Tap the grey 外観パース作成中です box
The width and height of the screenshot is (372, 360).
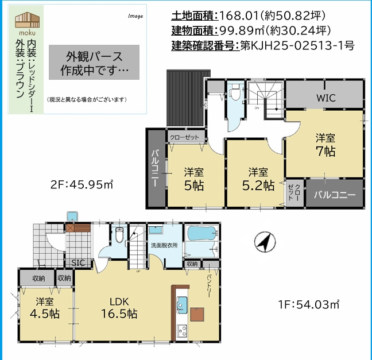(94, 63)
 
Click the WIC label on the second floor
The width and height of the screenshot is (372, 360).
(325, 97)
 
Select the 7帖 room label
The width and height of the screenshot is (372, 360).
(325, 145)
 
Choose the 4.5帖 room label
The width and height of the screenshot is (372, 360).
(46, 308)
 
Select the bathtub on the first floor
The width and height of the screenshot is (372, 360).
(201, 235)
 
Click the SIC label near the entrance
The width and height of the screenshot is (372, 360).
(78, 262)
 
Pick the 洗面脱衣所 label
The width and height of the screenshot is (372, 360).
(164, 245)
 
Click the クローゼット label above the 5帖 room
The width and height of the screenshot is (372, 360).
(185, 137)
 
